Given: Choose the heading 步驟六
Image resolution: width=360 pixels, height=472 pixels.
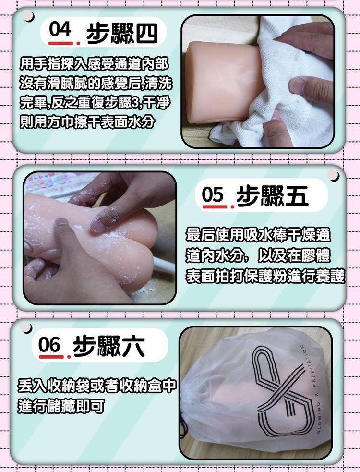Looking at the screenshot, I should point(108,347).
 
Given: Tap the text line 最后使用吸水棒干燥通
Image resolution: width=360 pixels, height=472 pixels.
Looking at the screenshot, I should point(258,236).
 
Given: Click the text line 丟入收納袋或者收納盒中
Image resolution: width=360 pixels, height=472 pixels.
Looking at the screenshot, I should point(96,386).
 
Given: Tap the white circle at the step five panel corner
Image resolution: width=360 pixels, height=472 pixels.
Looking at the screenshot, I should point(334,175).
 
